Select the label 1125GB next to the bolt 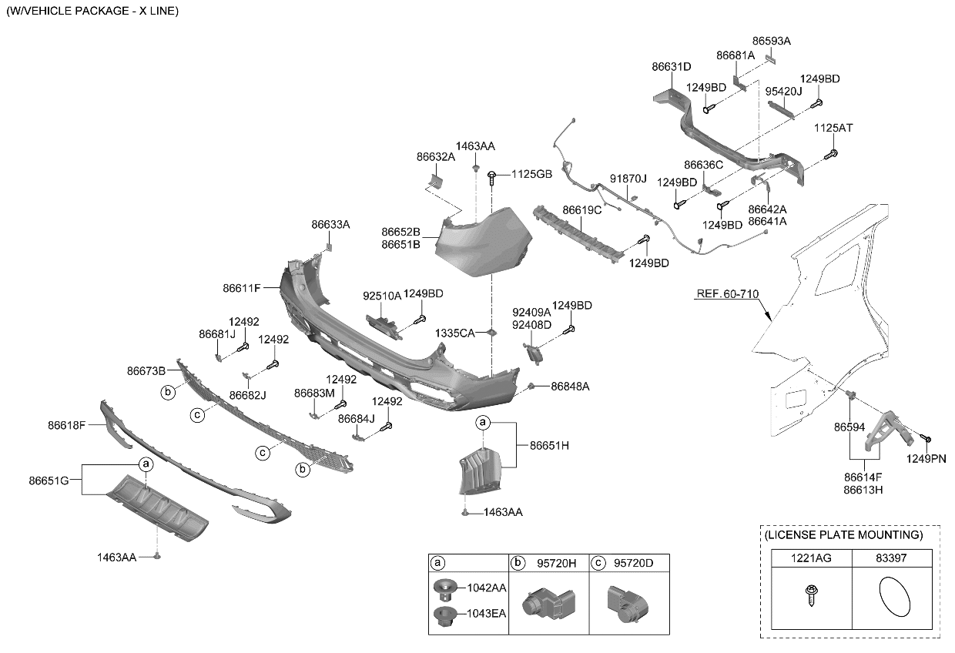(x=531, y=175)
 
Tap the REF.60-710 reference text (x=727, y=294)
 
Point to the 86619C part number (x=581, y=209)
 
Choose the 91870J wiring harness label (x=629, y=179)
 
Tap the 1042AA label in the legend (x=486, y=588)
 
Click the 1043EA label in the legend (x=486, y=614)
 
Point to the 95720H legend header (x=557, y=563)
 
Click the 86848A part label (x=570, y=387)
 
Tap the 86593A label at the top (x=771, y=41)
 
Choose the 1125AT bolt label (x=833, y=127)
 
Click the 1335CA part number (x=454, y=333)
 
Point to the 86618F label (x=66, y=424)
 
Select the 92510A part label (x=382, y=296)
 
